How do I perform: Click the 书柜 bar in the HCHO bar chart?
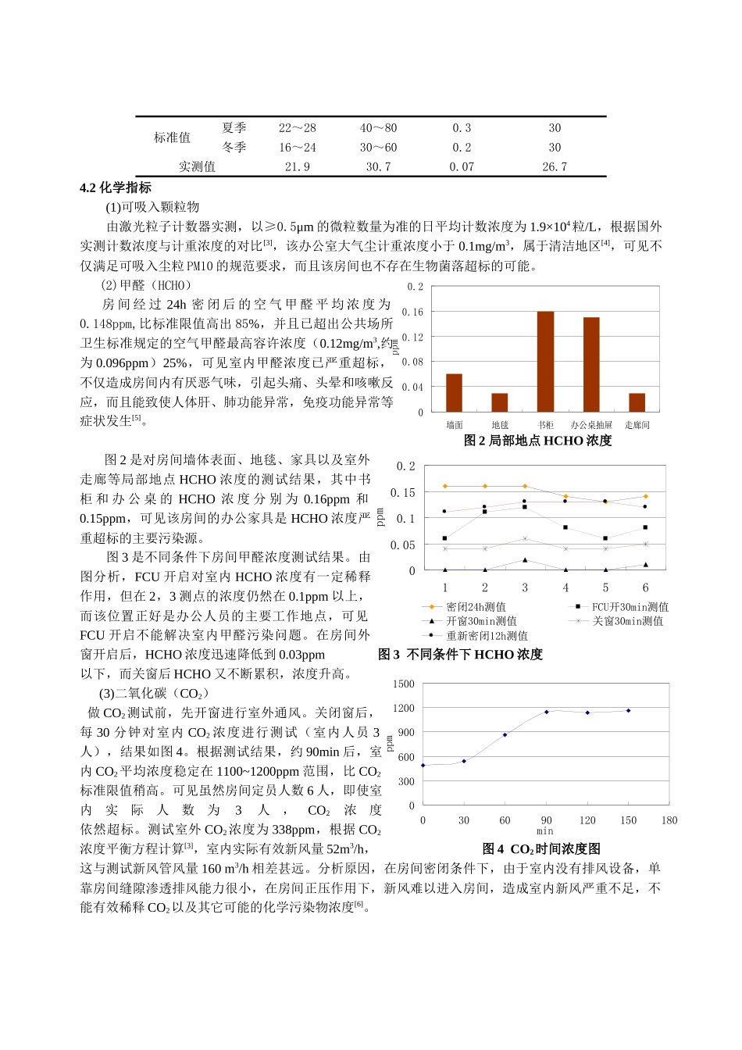545,361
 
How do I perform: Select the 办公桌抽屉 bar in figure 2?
591,364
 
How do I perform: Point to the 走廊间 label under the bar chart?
637,425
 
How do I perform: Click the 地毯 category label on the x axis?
500,425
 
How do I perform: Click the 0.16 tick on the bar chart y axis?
412,312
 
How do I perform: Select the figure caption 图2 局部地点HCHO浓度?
537,441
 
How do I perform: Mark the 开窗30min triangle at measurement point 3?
525,560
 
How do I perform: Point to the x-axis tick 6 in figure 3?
645,587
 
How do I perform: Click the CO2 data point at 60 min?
505,734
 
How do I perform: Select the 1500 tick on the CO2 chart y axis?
404,684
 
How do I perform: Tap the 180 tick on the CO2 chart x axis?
669,820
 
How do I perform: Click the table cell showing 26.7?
555,166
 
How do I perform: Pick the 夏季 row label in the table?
234,127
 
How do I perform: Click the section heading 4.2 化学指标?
116,187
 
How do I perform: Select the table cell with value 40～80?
378,127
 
